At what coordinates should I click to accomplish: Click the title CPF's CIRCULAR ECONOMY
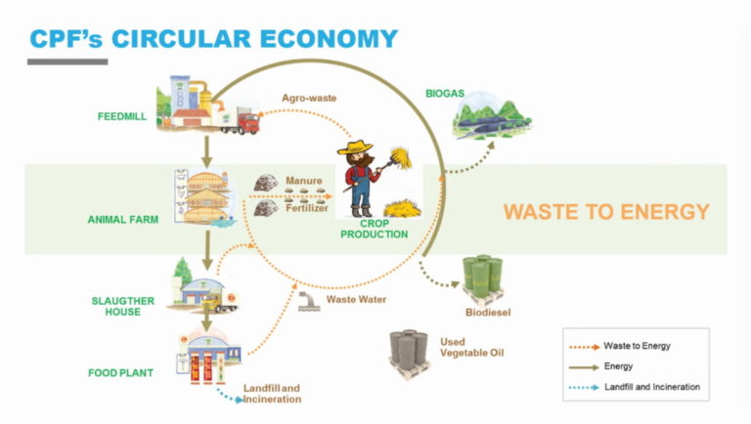[x=213, y=39]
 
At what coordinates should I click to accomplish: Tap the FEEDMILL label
[x=121, y=116]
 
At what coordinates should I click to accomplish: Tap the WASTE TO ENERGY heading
[x=606, y=212]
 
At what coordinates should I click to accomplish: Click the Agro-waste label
[x=305, y=98]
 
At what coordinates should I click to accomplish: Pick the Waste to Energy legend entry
[x=637, y=345]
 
